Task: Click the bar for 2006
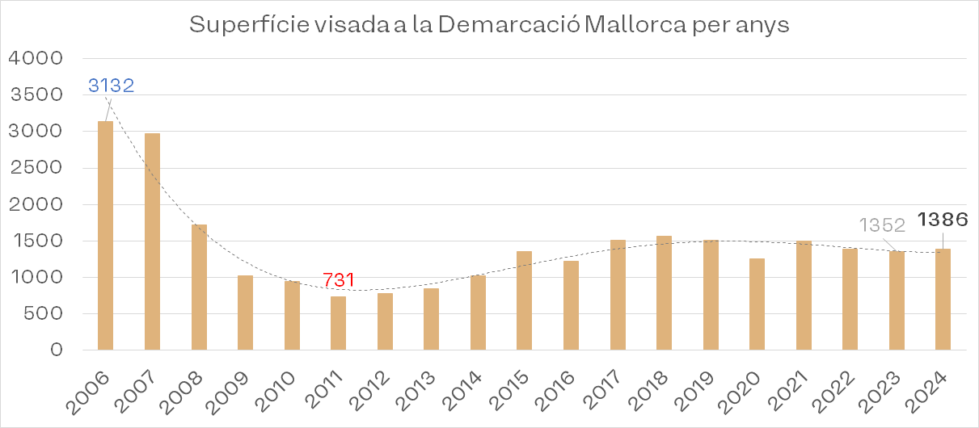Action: [105, 235]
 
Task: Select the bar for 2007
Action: [152, 241]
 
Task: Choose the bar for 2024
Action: [943, 300]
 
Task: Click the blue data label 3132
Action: [111, 86]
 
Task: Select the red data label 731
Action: [339, 280]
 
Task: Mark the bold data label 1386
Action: [943, 219]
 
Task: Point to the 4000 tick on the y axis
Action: [35, 59]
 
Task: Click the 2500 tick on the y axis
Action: [35, 168]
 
